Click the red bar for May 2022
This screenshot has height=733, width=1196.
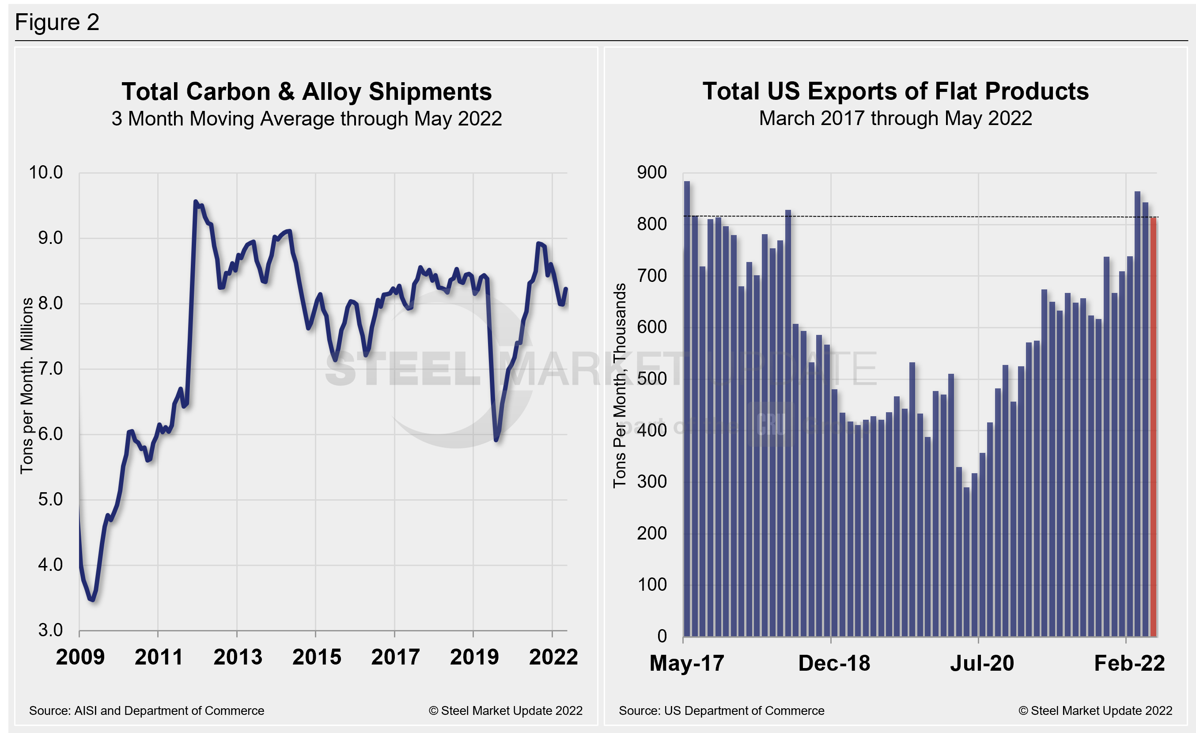1153,427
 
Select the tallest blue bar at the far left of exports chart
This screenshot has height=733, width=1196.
687,408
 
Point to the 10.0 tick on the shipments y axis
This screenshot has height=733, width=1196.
45,172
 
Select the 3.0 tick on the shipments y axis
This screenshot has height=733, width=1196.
50,630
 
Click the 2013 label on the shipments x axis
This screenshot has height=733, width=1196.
237,657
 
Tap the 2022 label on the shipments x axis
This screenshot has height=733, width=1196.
553,657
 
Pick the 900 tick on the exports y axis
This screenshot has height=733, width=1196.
651,172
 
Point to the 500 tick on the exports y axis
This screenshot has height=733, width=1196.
651,379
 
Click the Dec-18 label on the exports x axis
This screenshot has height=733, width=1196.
833,663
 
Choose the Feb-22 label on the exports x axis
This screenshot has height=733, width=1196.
1129,663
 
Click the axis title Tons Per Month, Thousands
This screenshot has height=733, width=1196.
619,385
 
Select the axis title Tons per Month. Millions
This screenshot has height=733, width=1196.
26,385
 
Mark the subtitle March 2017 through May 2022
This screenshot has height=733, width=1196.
895,118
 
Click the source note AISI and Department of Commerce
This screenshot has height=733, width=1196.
147,710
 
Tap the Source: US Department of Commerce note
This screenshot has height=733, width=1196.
721,710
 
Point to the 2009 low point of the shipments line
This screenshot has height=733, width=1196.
92,600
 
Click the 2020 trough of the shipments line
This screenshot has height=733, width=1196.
496,439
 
